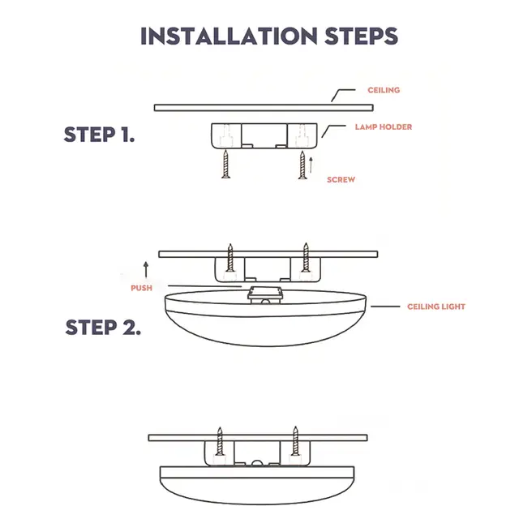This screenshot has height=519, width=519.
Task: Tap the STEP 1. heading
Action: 99,135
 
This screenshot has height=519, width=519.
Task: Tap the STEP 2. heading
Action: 103,328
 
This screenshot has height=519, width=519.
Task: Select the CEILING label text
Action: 384,90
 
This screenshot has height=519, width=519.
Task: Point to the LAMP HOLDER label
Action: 383,127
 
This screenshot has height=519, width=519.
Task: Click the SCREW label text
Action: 341,178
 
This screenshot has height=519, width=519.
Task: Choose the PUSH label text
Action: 141,288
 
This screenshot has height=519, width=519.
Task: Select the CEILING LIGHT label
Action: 435,307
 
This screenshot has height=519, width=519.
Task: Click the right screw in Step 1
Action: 302,165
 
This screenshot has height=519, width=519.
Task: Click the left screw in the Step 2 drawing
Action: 230,259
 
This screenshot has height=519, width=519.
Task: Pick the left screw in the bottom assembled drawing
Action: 219,443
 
